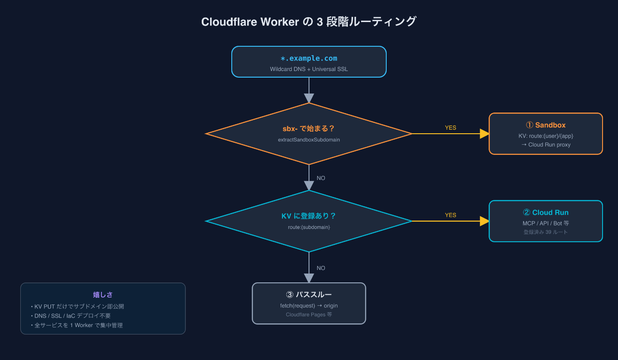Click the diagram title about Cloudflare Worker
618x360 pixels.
click(309, 22)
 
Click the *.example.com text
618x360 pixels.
click(309, 58)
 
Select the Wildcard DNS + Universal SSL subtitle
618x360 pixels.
click(309, 69)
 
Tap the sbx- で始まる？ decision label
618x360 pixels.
click(309, 128)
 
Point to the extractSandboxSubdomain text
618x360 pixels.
click(309, 140)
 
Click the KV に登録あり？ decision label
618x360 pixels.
click(309, 216)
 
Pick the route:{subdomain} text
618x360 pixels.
click(309, 227)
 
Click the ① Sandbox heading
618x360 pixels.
click(546, 125)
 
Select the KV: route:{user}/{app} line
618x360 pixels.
click(546, 136)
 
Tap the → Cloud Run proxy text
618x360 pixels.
click(546, 145)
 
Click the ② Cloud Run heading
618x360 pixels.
click(546, 212)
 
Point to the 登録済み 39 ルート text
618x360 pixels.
click(546, 232)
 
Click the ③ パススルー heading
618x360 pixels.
click(309, 294)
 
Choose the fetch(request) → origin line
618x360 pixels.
click(309, 306)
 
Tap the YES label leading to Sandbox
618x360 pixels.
click(450, 127)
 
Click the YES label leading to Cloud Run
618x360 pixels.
click(450, 215)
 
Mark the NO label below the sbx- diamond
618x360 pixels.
click(320, 178)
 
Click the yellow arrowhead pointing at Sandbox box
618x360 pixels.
click(485, 134)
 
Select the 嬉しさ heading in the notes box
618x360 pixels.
click(103, 295)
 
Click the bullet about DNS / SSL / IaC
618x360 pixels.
click(71, 315)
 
